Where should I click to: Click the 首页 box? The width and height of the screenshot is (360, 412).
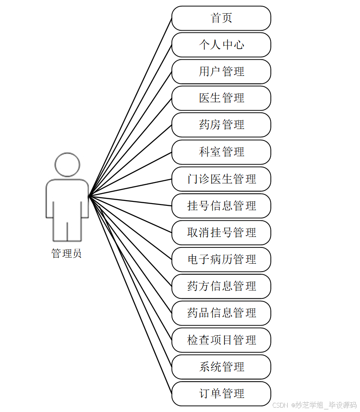point(221,18)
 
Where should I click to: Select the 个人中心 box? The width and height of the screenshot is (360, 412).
point(221,45)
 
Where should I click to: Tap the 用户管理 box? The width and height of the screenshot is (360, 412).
point(221,72)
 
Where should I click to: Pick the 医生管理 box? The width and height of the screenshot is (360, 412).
point(221,98)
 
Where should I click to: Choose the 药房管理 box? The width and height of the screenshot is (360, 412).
point(221,125)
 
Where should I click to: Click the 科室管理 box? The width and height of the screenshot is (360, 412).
point(221,152)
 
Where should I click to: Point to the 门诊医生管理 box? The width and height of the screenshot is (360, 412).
point(221,179)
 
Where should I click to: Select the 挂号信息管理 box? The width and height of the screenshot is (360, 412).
point(221,206)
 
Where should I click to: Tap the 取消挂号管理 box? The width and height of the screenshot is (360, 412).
point(221,233)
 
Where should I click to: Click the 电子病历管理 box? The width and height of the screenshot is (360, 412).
point(221,259)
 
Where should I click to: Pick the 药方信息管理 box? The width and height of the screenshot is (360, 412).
point(221,286)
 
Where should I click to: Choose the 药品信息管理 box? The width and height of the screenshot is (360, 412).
point(221,313)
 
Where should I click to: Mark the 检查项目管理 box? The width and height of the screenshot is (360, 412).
point(221,340)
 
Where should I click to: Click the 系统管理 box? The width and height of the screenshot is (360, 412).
point(221,367)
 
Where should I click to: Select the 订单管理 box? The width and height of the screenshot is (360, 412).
point(221,394)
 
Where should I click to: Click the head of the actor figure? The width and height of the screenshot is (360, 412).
point(68,165)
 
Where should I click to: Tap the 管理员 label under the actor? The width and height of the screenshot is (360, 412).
point(66,254)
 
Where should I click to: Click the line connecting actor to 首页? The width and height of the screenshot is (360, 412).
point(130,107)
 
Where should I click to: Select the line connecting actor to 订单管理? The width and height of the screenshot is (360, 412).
point(130,295)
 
